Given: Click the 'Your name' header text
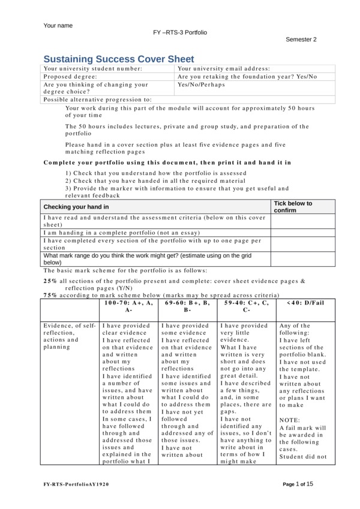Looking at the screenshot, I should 58,26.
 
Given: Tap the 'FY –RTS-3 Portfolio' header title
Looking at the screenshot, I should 180,32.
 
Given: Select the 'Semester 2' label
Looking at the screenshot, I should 301,40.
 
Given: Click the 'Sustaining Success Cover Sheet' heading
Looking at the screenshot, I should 119,59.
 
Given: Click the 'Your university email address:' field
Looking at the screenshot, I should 224,69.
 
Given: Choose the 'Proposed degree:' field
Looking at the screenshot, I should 67,77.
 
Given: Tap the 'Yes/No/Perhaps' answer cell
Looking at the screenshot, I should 202,85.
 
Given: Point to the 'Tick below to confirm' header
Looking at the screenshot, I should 293,207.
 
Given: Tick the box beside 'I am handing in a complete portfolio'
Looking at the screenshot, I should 294,232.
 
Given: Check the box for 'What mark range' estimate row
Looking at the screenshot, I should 294,258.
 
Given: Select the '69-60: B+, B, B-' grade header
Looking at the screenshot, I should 188,306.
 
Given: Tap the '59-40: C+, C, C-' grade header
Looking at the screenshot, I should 247,306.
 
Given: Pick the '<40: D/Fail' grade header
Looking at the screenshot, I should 305,303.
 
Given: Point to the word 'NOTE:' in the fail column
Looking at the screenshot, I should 290,420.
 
